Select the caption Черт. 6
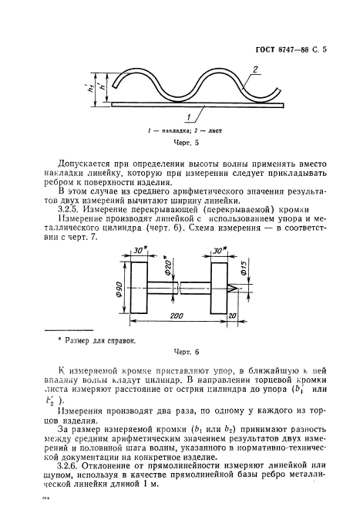[186, 352]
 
